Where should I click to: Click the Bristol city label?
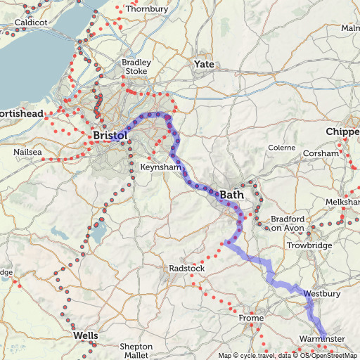pyautogui.click(x=110, y=134)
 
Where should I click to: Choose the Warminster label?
pyautogui.click(x=323, y=340)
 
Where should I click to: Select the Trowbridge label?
pyautogui.click(x=309, y=245)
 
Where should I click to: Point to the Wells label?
pyautogui.click(x=86, y=336)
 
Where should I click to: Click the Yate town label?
pyautogui.click(x=204, y=65)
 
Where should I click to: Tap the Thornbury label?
pyautogui.click(x=147, y=9)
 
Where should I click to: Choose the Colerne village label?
pyautogui.click(x=282, y=148)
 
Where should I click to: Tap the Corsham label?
pyautogui.click(x=321, y=153)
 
